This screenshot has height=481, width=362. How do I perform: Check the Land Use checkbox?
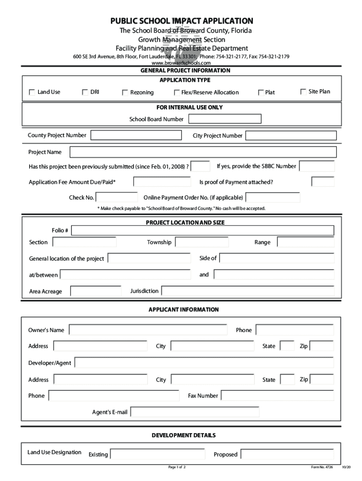coord(32,93)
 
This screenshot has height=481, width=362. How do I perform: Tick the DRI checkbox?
coord(85,93)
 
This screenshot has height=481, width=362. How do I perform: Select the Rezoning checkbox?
coord(125,93)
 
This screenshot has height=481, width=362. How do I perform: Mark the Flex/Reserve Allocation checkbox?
coord(177,93)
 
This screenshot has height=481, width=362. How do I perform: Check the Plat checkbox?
coord(261,93)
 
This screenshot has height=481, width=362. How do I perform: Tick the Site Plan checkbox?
coord(303,92)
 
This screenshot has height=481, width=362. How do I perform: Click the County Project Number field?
coord(136,135)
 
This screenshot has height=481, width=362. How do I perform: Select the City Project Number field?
coord(291,136)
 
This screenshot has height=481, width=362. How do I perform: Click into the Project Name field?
coord(203,152)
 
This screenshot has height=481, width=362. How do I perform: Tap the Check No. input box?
coord(117,197)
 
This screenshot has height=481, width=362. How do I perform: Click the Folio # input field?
coord(203,231)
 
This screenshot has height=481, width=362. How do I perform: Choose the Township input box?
coord(202,242)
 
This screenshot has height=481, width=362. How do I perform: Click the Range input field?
coord(306,242)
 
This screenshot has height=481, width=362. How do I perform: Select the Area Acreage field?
coord(96,291)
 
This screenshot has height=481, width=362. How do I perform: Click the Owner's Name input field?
coord(148,330)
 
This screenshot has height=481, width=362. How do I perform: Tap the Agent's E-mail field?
coord(195,412)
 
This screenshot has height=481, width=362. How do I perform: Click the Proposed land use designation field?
coord(287,454)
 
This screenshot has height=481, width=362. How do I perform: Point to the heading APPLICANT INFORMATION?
coord(183,310)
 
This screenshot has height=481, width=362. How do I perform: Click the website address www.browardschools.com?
coord(181,63)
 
